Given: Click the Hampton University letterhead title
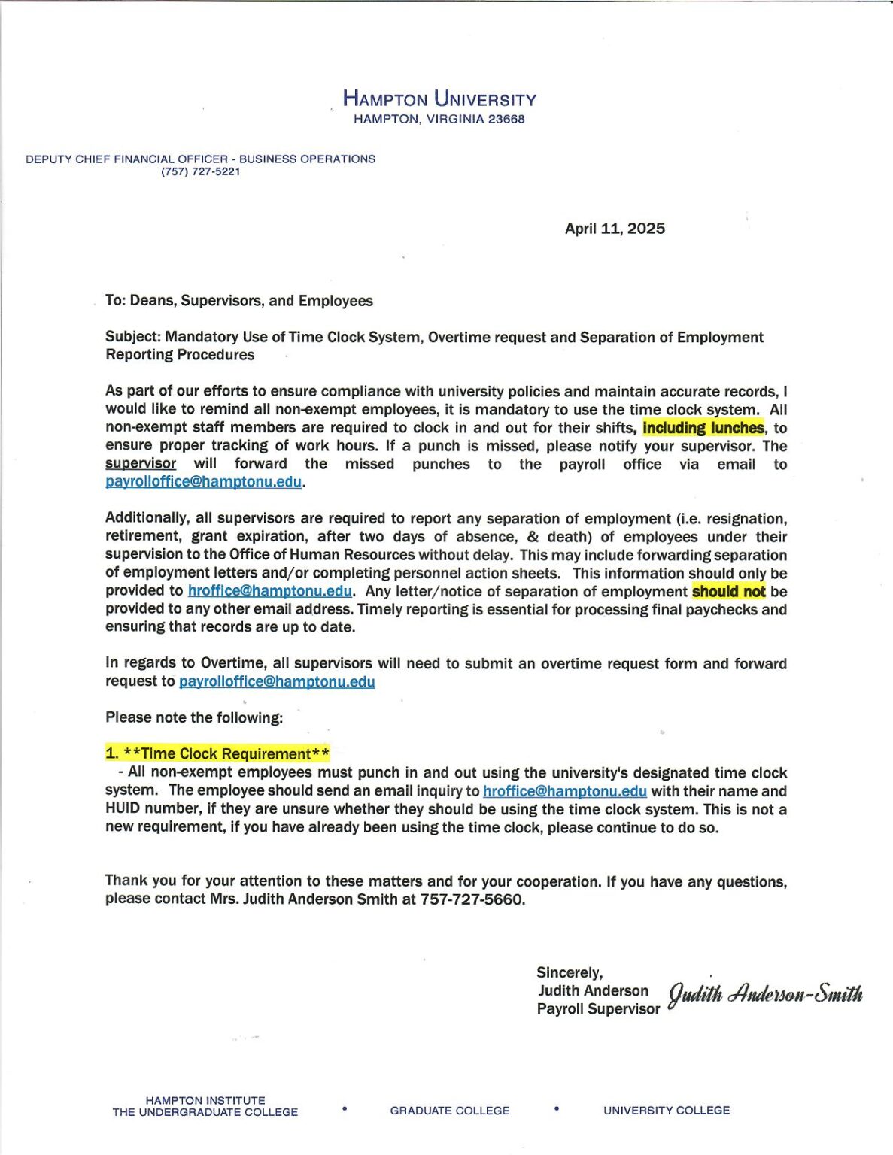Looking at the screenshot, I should point(439,99).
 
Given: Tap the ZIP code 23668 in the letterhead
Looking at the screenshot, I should point(506,119).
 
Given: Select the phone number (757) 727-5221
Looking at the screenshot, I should point(200,171).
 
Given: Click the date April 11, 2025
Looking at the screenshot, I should point(615,229).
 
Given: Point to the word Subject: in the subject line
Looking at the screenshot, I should point(133,337).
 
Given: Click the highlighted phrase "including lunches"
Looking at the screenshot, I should point(703,428).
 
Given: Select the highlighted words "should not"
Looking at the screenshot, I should point(728,591).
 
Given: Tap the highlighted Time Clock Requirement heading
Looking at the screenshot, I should point(217,753).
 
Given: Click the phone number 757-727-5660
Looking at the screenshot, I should point(471,899).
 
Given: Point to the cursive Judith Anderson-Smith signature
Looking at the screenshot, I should point(766,994).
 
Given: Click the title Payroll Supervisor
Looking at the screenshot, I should point(598,1009).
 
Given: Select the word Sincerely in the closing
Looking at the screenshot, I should point(570,973).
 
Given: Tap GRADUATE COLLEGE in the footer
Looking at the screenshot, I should point(450,1111).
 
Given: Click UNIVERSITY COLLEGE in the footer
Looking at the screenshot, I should point(667,1111).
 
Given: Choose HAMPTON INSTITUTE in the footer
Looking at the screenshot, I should point(205,1100).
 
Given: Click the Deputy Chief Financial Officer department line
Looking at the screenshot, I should point(200,159).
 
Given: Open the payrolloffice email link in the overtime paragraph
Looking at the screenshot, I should point(277,681).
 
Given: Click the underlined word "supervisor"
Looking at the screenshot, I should point(141,464).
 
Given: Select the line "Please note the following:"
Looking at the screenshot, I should point(194,717).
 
